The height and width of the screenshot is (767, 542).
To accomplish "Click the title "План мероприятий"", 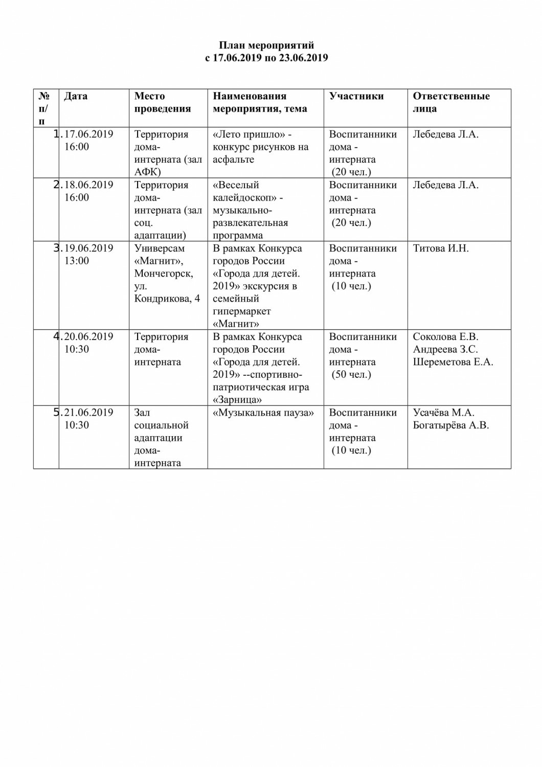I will coord(266,46).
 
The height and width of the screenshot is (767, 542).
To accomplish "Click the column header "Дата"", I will coord(76,96).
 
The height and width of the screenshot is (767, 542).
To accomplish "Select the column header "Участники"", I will coord(356,96).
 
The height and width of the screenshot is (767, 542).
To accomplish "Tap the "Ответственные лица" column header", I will coord(451,102).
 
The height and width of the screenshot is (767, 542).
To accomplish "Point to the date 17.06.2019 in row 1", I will coord(88,134).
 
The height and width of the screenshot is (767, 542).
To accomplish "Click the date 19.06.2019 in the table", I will coord(88,249).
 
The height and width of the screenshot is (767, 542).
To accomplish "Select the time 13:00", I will coord(77,261).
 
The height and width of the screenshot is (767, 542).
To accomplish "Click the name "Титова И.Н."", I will coord(441,249).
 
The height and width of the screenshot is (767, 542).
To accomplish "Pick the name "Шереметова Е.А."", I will coord(453,362).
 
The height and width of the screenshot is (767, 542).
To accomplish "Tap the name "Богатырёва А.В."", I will coord(451,425).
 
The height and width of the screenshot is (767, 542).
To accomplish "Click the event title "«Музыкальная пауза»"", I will coord(263,413).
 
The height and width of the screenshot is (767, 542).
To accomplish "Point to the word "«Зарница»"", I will coord(237,400).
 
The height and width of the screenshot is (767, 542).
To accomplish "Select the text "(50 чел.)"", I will coord(351,375).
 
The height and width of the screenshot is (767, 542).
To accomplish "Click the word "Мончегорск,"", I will coord(164,274).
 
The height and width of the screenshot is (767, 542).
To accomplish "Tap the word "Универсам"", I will coord(160,249).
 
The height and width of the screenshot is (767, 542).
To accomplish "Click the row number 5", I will coord(56,413).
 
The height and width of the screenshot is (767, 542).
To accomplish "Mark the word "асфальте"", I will coord(233,160).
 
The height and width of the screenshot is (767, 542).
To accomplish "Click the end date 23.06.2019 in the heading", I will coord(304,58).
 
